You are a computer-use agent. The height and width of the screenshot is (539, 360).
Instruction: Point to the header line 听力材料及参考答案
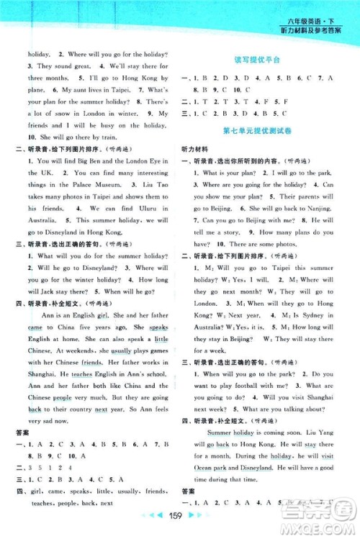pyautogui.click(x=318, y=30)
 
